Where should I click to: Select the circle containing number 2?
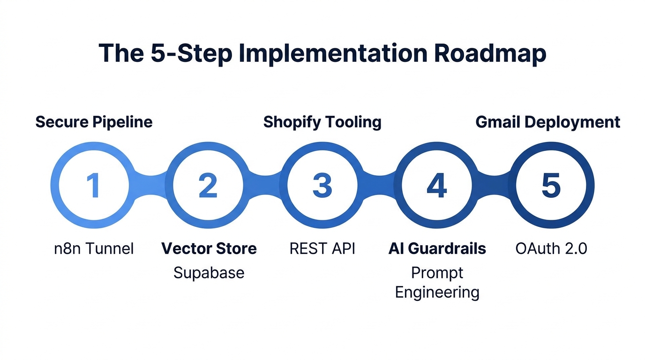coord(208,185)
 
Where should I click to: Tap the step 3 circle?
coord(322,185)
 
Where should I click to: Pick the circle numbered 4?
coord(436,185)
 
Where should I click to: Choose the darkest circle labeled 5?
coord(551,185)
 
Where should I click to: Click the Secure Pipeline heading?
coord(94,122)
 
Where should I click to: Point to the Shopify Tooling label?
coord(322,122)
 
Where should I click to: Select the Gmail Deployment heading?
coord(547,122)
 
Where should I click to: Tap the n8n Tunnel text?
coord(94,248)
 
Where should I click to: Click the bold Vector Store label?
coord(209,248)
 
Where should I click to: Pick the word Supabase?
coord(209,272)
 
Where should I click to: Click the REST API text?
coord(322,248)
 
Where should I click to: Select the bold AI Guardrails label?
coord(437,248)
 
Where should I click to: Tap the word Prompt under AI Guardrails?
coord(437,272)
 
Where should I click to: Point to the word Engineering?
coord(437,292)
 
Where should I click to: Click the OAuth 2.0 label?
coord(551,248)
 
